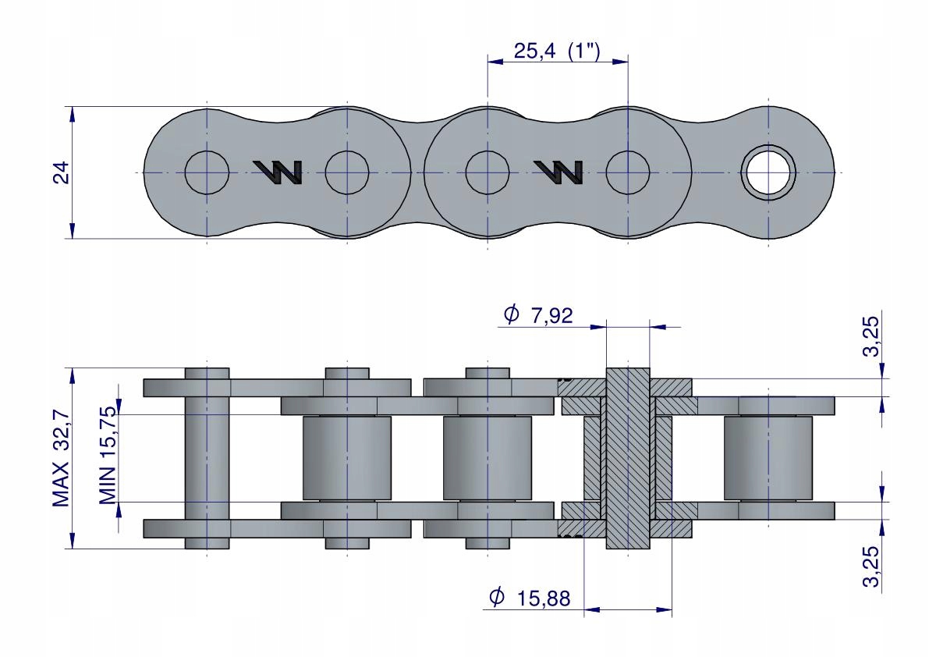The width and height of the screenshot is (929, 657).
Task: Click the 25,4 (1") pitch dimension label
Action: (x=556, y=51)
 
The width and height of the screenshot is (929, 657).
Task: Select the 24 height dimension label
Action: (x=62, y=172)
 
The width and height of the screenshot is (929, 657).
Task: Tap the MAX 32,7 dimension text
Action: (x=61, y=459)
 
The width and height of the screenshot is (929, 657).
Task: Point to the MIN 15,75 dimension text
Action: (x=108, y=456)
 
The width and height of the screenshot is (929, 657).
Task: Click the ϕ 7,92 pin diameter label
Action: (x=538, y=314)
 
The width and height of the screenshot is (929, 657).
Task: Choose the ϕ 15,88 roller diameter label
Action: (x=530, y=598)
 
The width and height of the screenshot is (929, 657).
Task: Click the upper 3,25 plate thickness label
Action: (x=871, y=336)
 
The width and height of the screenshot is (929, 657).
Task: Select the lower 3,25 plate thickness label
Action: (x=871, y=566)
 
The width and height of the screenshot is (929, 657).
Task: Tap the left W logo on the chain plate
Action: (x=278, y=172)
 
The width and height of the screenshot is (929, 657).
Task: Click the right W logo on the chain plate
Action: (x=558, y=172)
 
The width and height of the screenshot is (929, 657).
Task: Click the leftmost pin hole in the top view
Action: (x=207, y=172)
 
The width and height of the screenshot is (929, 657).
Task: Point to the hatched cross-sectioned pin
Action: (x=628, y=458)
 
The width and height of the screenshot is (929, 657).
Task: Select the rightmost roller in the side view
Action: (x=768, y=458)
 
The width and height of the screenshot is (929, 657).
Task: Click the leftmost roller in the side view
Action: (x=347, y=458)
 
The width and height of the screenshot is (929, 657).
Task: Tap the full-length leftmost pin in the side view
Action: (x=207, y=458)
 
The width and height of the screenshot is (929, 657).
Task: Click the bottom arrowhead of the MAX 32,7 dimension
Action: (x=73, y=540)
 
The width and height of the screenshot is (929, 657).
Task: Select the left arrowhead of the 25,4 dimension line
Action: (x=496, y=60)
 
